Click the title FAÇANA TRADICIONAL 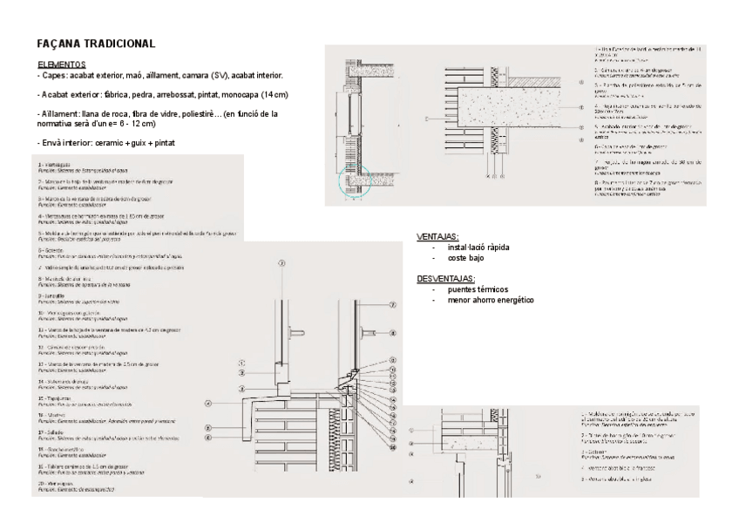tap(98, 43)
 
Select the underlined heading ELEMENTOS tap(62, 65)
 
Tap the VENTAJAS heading tap(438, 237)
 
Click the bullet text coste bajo tap(465, 258)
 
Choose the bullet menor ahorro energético tap(490, 300)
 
